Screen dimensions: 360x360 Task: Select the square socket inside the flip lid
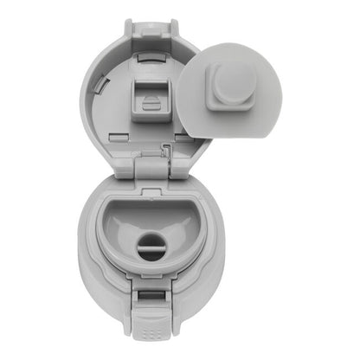(150, 100)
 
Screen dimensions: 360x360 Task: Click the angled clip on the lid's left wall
(102, 87)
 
